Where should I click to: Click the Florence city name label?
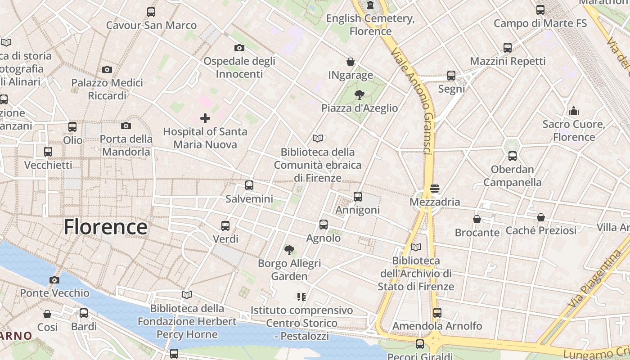point(105,227)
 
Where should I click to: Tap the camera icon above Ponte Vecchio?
point(54,280)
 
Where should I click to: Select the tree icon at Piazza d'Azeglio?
point(359,95)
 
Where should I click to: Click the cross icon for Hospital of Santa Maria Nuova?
point(205,118)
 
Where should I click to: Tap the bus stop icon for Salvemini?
point(249,185)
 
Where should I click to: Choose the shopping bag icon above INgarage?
point(351,62)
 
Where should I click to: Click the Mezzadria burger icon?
point(435,189)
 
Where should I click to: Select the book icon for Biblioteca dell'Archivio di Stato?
point(416,247)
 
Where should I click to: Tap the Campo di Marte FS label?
point(540,23)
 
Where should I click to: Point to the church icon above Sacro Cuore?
point(574,111)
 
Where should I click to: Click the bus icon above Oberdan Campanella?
point(512,156)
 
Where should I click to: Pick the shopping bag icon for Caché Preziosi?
point(541,217)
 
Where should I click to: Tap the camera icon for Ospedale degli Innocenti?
point(239,48)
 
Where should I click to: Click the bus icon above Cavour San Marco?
point(151,12)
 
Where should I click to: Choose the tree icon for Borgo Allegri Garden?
point(289,250)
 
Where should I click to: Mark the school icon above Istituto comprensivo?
point(301,297)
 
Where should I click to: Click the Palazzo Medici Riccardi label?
point(107,89)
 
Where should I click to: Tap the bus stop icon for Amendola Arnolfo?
point(437,313)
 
